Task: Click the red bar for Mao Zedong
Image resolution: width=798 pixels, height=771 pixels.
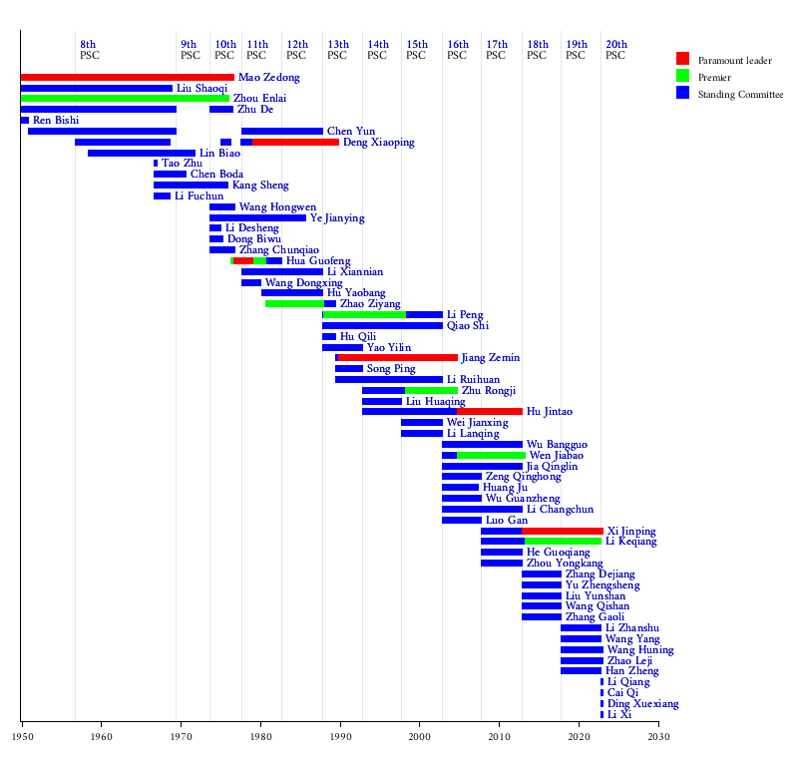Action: coord(128,77)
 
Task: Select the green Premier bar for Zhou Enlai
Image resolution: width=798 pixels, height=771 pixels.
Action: coord(125,98)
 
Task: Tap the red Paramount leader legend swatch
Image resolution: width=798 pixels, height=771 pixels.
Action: coord(682,59)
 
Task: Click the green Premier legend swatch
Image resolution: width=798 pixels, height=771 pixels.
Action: coord(682,76)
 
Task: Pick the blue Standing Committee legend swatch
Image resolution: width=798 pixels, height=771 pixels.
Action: coord(682,93)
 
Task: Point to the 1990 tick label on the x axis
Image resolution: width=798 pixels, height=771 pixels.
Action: coord(339,737)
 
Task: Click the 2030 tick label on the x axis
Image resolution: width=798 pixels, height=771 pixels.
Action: coord(658,737)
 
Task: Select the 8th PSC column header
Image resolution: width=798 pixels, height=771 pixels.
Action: coord(89,50)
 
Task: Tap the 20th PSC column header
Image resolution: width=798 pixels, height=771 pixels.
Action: coord(616,50)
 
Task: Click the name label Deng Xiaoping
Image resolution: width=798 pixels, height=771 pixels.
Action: coord(379,142)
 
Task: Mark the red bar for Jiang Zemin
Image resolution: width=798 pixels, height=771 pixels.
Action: coord(398,357)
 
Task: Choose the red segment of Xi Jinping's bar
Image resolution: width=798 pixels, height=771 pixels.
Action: coord(563,531)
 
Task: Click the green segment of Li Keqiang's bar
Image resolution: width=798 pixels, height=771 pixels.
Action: coord(563,542)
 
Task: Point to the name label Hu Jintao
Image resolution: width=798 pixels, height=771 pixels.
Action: coord(550,411)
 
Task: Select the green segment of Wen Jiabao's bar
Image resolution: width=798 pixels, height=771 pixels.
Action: coord(491,455)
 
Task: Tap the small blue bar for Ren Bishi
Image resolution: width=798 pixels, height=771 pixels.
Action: coord(25,120)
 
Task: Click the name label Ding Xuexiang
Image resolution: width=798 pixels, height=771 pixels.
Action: coord(642,703)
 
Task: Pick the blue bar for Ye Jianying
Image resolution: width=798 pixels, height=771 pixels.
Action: coord(257,217)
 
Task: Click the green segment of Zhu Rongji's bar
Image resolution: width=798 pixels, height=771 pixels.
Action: coord(431,390)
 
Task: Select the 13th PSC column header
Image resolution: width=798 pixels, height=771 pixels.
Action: coord(338,50)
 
